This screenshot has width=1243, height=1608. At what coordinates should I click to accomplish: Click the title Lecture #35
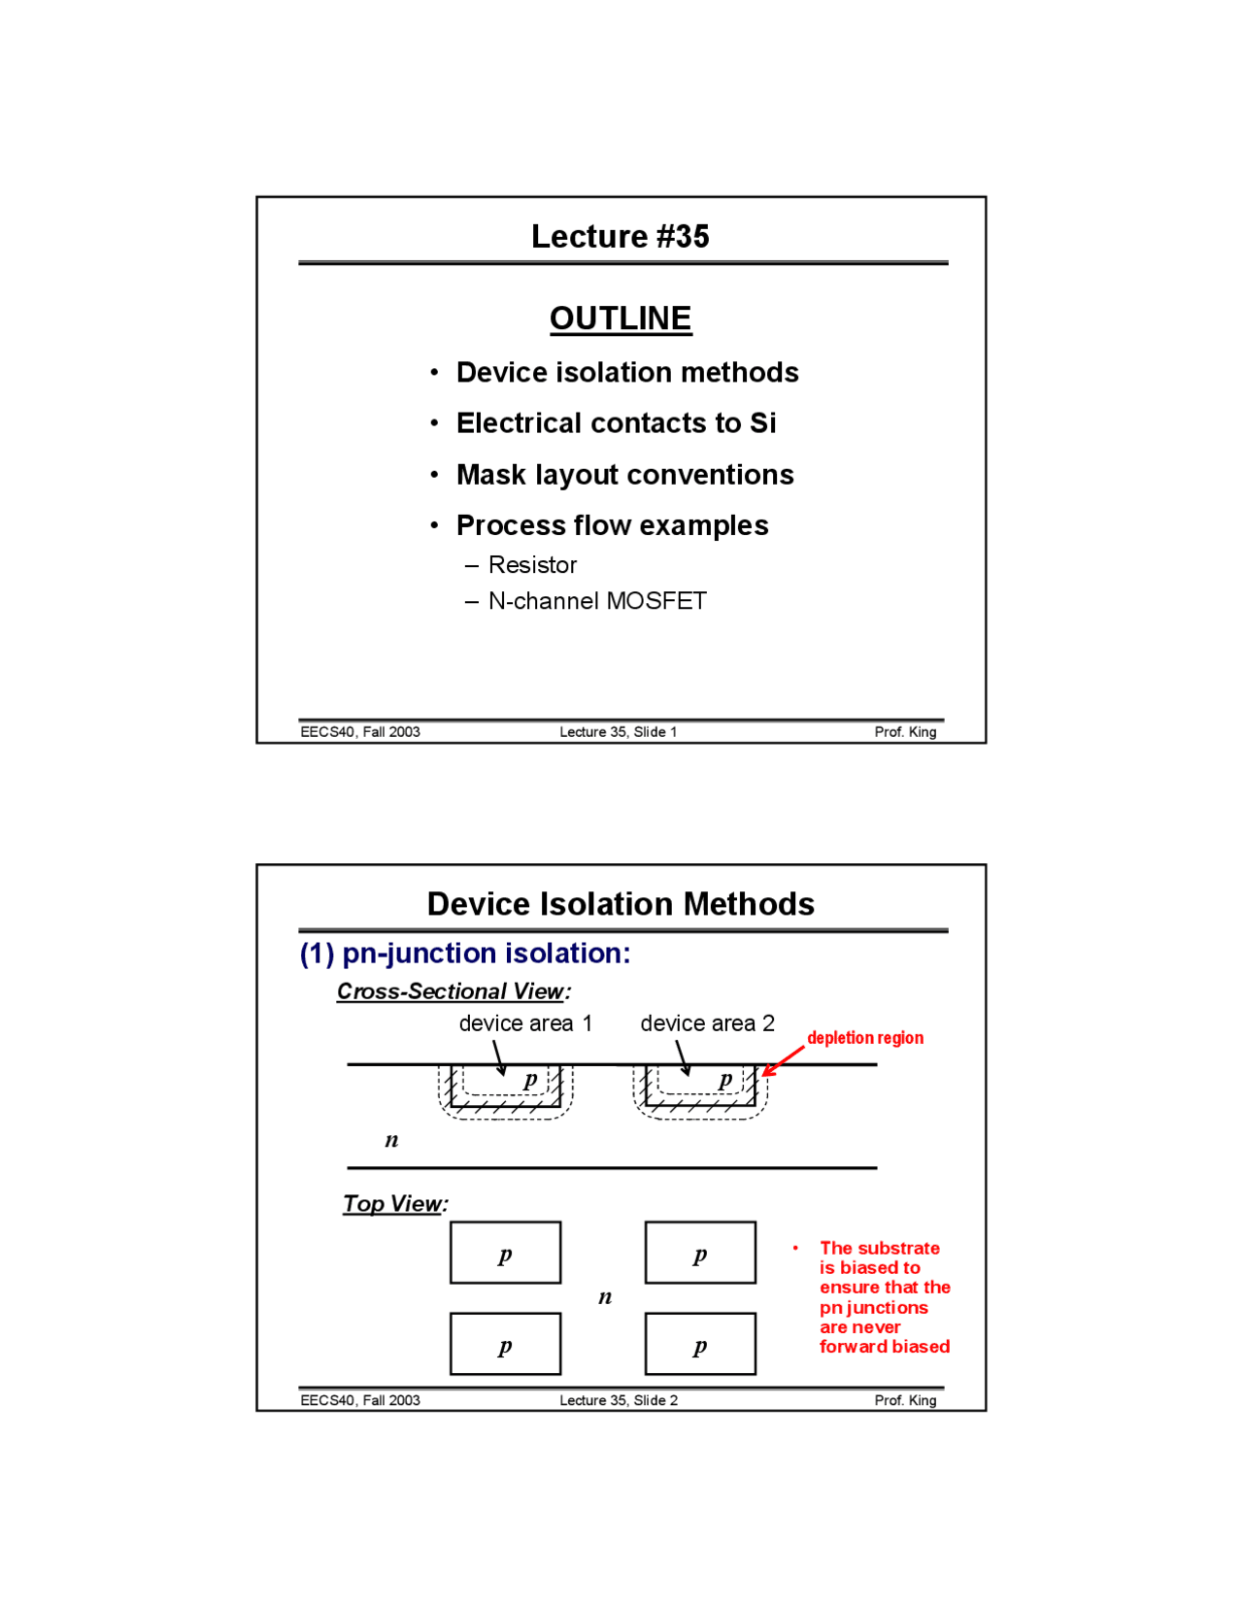620,236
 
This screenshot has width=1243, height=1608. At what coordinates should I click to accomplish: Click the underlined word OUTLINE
620,318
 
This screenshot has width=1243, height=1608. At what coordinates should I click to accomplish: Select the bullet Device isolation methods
626,372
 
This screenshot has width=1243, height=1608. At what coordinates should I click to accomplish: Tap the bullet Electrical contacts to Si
616,423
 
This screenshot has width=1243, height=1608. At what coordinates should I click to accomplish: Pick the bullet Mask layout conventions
624,475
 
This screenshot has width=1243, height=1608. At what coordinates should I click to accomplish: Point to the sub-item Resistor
532,565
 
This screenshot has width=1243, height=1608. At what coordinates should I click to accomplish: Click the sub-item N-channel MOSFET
596,601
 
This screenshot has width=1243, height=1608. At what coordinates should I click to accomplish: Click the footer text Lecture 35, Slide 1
618,732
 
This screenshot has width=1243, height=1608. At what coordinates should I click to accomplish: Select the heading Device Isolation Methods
620,904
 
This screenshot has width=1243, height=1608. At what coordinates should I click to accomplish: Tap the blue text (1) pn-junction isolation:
464,954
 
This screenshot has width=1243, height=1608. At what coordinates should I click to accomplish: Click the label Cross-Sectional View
452,991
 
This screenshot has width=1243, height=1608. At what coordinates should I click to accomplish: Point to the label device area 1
524,1023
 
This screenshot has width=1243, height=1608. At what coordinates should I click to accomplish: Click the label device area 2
707,1023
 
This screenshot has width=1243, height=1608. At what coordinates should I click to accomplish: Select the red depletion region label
864,1038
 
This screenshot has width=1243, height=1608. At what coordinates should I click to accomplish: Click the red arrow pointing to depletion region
783,1061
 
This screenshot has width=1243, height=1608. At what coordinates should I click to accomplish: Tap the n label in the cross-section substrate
391,1140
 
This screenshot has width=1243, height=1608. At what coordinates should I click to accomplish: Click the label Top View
393,1204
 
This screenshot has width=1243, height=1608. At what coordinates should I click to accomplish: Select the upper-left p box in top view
505,1253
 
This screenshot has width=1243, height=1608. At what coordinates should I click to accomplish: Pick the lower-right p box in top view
699,1344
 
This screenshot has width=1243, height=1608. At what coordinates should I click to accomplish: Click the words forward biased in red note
884,1347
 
